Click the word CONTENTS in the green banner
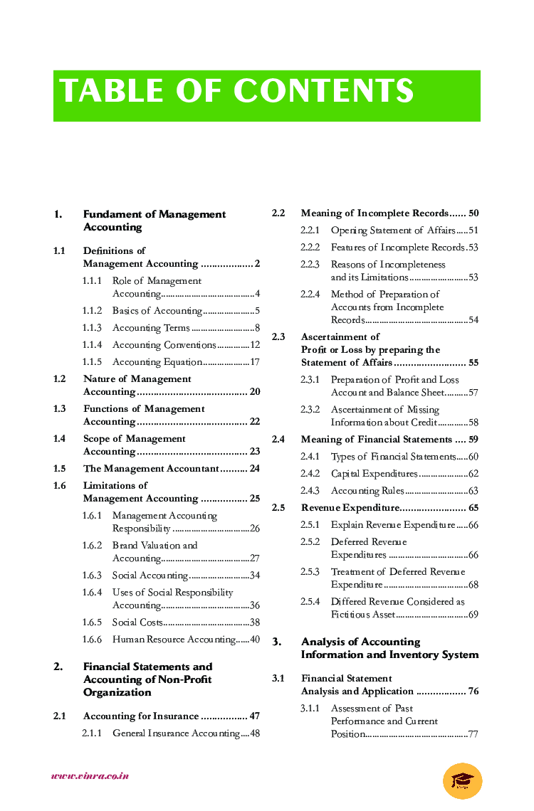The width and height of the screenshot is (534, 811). click(x=324, y=92)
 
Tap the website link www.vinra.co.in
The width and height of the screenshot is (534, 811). click(x=90, y=775)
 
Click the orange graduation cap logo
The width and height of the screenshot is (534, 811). click(x=462, y=780)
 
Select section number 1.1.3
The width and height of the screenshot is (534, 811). click(x=92, y=328)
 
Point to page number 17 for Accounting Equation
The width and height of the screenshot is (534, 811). click(x=254, y=362)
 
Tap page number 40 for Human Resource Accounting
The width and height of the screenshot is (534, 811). click(x=254, y=640)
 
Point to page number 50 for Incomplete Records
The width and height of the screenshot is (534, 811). click(x=473, y=213)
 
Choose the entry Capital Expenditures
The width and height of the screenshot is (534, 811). click(x=374, y=474)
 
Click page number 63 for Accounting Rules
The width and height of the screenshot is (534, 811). click(x=473, y=491)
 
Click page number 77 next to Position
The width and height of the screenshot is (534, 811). click(x=473, y=734)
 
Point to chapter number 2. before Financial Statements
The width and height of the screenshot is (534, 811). click(x=58, y=667)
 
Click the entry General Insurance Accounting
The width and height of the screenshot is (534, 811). click(x=176, y=733)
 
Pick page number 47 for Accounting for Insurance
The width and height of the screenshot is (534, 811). click(x=254, y=716)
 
